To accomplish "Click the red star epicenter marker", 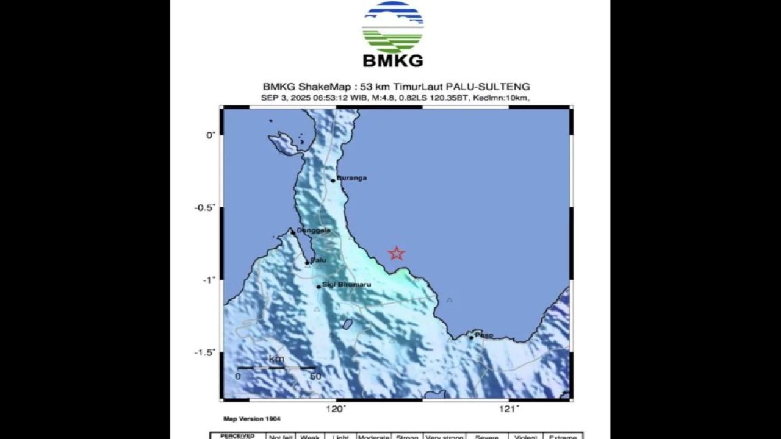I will coord(397,253).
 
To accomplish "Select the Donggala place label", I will coord(314,230).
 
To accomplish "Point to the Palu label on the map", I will coord(319,260).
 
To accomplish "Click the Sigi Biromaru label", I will coord(347,285).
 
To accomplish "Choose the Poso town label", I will coord(484,335).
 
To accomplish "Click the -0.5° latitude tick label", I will coord(205,207).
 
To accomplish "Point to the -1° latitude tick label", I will coord(209,280).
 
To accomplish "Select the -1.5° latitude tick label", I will coord(205,352).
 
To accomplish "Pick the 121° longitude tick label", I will coord(509,409).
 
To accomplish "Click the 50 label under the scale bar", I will coord(315,377).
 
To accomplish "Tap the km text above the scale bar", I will coord(276,359).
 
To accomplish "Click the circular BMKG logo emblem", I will coord(392,27).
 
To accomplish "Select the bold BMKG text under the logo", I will coord(392,61).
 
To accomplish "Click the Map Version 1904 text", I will coord(252,419).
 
